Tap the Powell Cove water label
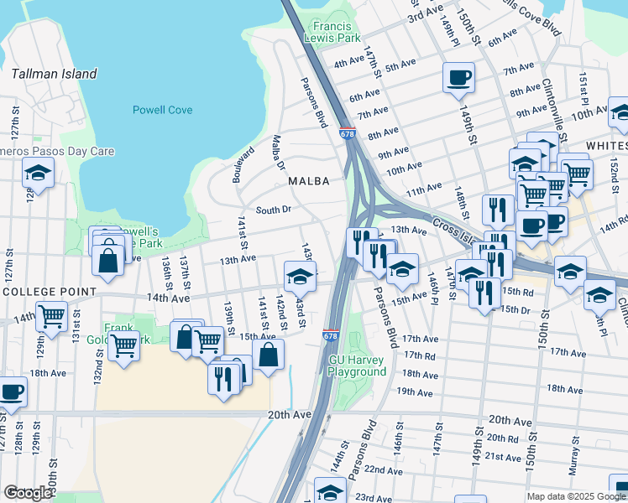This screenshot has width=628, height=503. pyautogui.click(x=163, y=110)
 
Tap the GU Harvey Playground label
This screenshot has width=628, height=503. pyautogui.click(x=357, y=366)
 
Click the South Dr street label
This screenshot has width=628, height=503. pyautogui.click(x=273, y=210)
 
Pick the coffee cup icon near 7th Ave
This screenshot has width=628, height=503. pyautogui.click(x=458, y=78)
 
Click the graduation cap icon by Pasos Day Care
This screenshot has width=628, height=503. pyautogui.click(x=38, y=173)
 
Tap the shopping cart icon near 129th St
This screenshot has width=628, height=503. pyautogui.click(x=52, y=317)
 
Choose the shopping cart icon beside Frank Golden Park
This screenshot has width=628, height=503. pyautogui.click(x=123, y=345)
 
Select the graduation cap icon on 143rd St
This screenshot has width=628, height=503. pyautogui.click(x=300, y=276)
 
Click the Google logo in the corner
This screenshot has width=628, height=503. pyautogui.click(x=28, y=493)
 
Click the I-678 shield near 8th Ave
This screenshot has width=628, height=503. pyautogui.click(x=348, y=133)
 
